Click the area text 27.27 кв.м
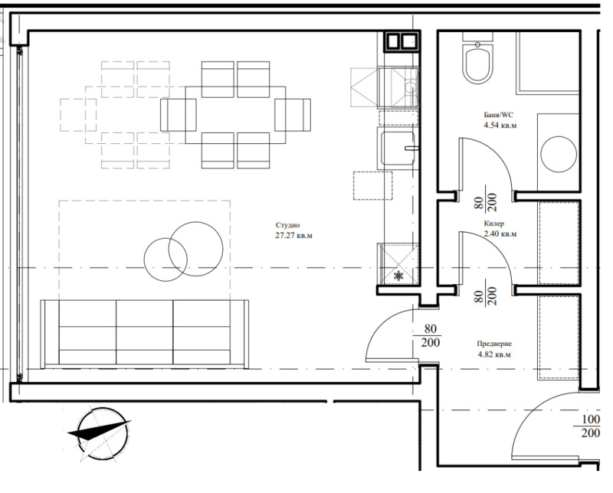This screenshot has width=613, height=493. point(295,236)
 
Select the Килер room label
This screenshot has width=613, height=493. point(494,224)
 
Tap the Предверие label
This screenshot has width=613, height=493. point(494,344)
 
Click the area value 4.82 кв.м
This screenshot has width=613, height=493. point(494,355)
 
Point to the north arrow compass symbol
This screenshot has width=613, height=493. point(97,433)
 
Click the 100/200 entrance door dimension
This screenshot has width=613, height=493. point(591,427)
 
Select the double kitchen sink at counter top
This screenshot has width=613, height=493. point(402,41)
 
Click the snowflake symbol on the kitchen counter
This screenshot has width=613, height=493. point(399,276)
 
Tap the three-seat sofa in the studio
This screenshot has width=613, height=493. point(145,332)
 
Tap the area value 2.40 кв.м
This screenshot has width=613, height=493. point(494,234)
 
